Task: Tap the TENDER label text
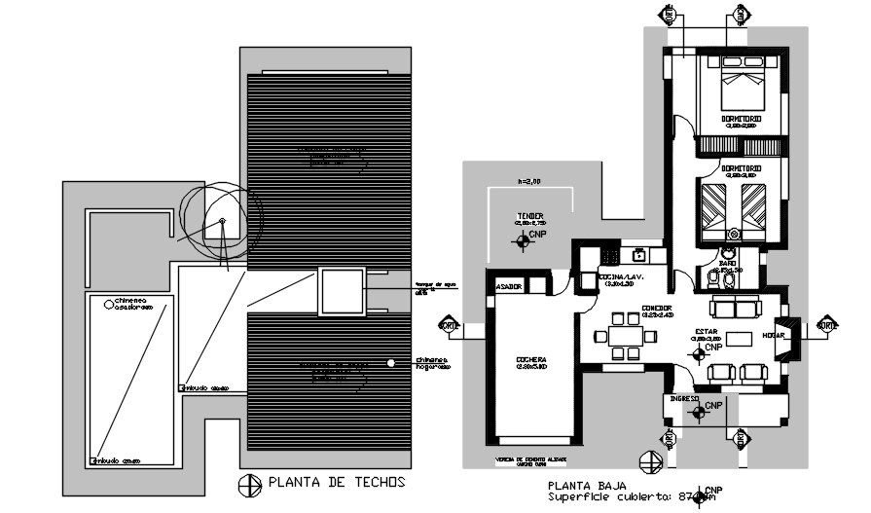coord(530,216)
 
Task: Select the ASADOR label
coord(510,287)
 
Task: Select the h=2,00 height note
coord(528,181)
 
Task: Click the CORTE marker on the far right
coord(828,325)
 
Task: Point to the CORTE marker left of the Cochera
coord(449,325)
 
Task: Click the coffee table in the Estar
coord(740,339)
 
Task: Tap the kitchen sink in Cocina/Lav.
coord(639,255)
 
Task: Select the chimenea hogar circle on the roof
coord(390,363)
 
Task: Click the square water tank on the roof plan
coord(341,293)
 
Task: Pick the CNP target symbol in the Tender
coord(525,239)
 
